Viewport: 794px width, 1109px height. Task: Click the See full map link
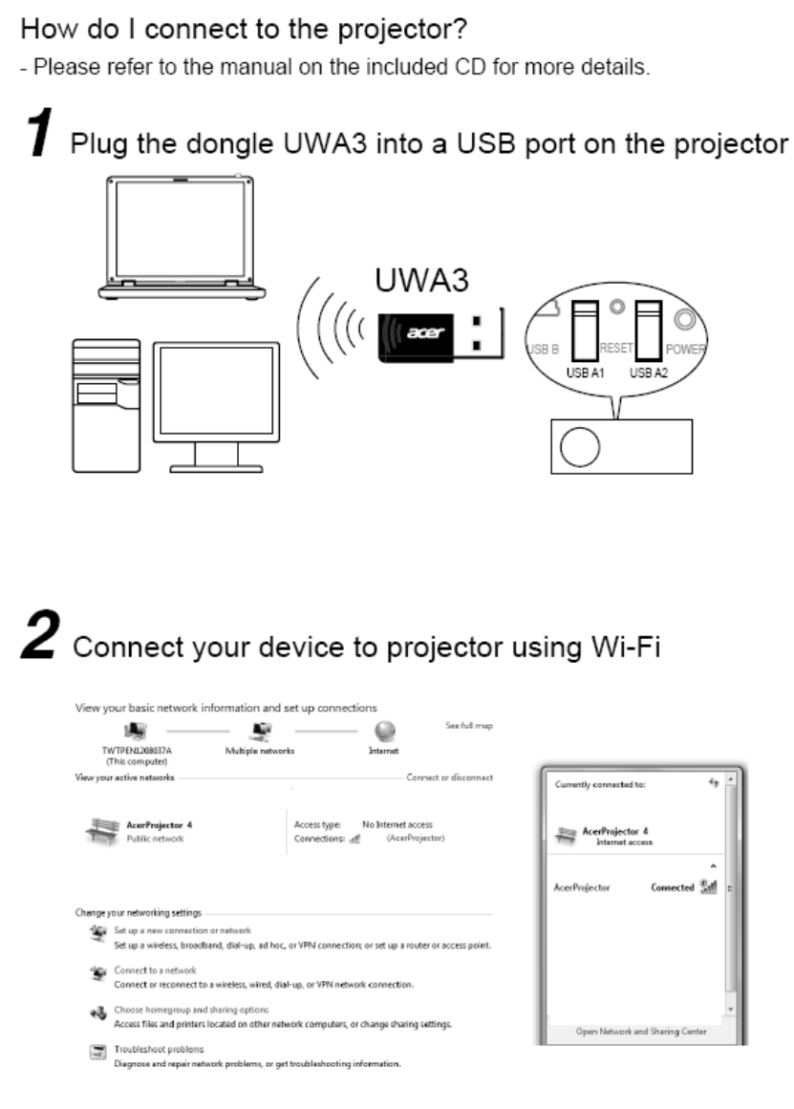tap(468, 727)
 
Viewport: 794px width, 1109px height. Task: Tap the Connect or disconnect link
tap(449, 778)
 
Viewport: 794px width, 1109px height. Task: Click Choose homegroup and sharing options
tap(191, 1010)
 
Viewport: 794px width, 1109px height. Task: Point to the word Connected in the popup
tap(672, 887)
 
